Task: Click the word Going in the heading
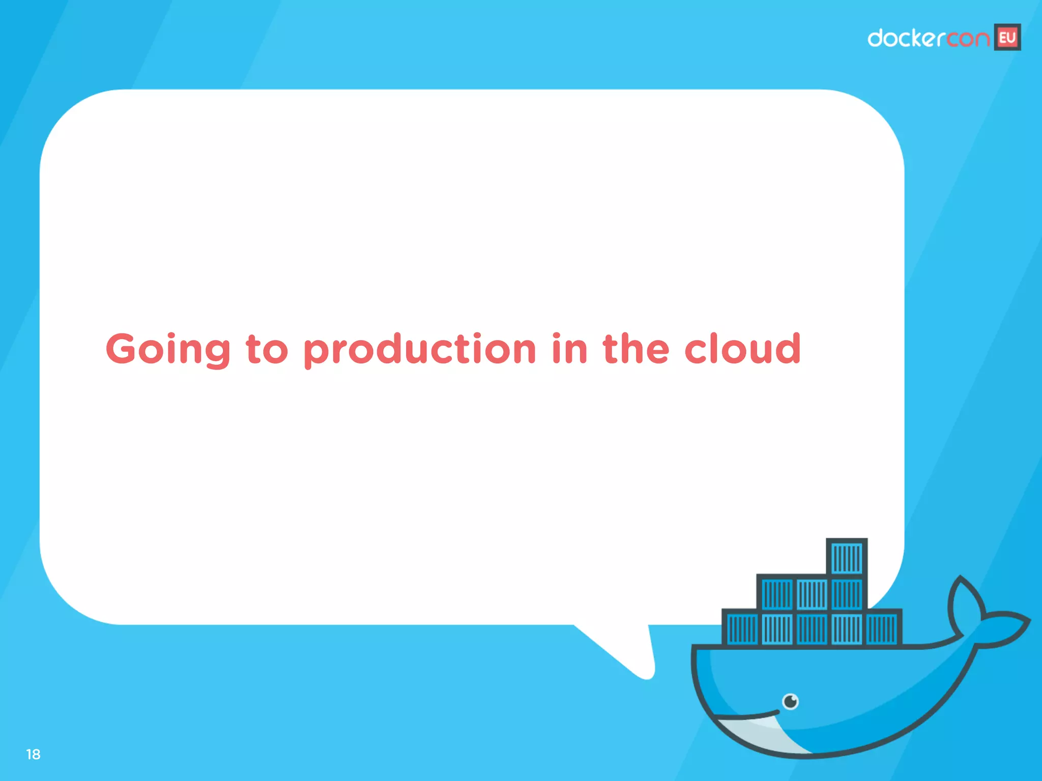[x=168, y=350]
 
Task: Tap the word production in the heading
[x=420, y=350]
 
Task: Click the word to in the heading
[x=267, y=350]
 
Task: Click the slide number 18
[x=33, y=754]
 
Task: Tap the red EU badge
[x=1007, y=38]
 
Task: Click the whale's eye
[x=790, y=702]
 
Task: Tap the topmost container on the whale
[x=847, y=558]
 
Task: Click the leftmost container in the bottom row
[x=742, y=629]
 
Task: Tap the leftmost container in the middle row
[x=777, y=594]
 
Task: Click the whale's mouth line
[x=748, y=716]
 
